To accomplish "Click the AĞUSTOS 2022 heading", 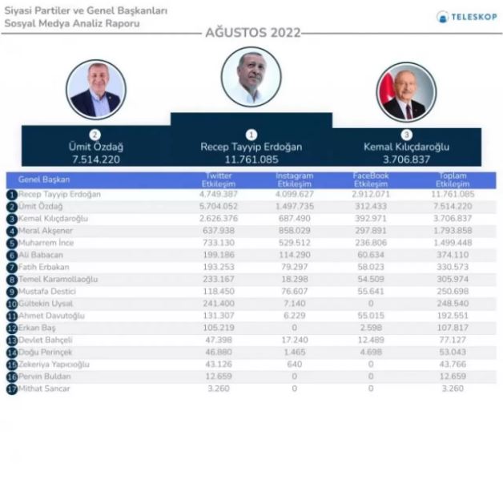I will pos(252,33).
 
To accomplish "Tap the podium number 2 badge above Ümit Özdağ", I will pos(96,135).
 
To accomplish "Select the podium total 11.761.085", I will pos(251,159).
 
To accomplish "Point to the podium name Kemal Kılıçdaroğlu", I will pos(406,147).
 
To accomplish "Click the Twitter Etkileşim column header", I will pos(218,179).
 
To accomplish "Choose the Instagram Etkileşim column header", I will pos(294,179).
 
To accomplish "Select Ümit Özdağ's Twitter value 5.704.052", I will pos(218,206).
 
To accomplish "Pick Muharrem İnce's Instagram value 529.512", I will pos(294,243).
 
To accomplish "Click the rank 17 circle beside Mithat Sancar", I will pos(11,389).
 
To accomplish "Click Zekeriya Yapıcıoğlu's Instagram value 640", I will pos(294,365).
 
